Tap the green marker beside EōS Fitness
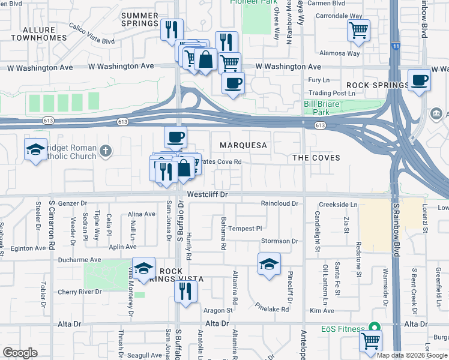pyautogui.click(x=375, y=328)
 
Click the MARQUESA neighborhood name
pyautogui.click(x=243, y=145)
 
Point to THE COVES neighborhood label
pyautogui.click(x=316, y=158)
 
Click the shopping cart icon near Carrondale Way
pyautogui.click(x=358, y=29)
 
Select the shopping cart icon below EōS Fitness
pyautogui.click(x=370, y=340)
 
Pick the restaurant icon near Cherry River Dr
pyautogui.click(x=185, y=291)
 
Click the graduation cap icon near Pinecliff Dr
pyautogui.click(x=269, y=263)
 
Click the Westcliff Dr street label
pyautogui.click(x=208, y=194)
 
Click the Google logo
pyautogui.click(x=20, y=353)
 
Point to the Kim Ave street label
pyautogui.click(x=322, y=310)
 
